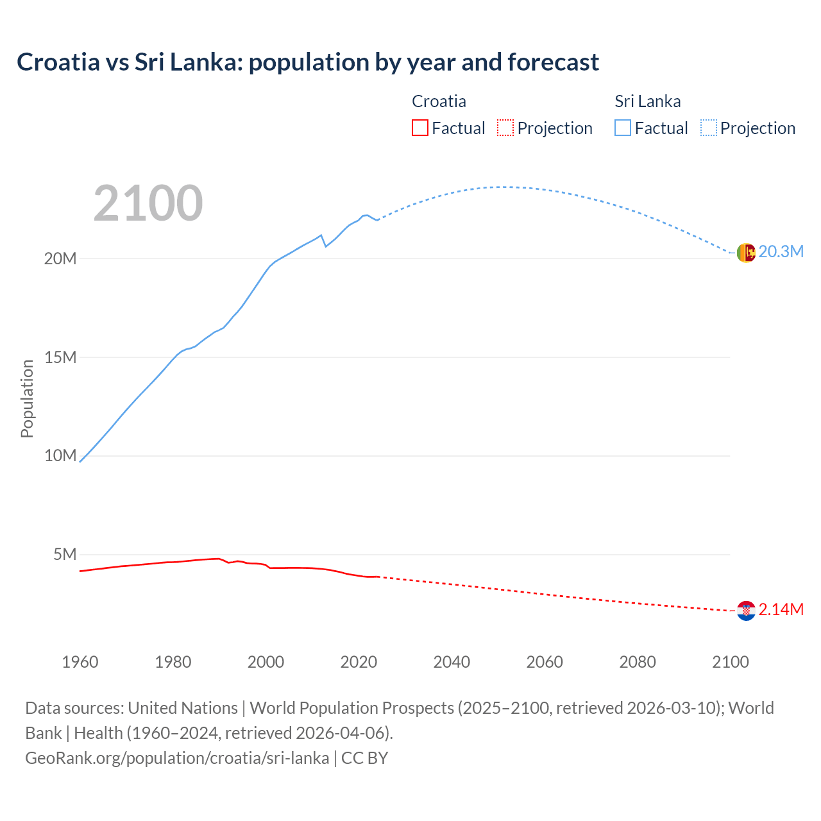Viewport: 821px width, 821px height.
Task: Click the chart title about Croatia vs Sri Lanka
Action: (x=308, y=62)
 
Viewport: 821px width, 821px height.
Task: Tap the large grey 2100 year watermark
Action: (x=148, y=203)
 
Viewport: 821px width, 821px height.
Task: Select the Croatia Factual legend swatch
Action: (x=419, y=128)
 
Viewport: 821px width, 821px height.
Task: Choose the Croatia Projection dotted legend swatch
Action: (x=505, y=128)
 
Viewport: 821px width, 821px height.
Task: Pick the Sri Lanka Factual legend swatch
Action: (x=622, y=128)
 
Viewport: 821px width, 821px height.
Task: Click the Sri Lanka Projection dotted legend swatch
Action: (x=709, y=128)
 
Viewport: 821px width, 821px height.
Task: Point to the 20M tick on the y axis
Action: (x=60, y=258)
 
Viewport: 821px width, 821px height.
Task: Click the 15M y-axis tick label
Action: (x=60, y=357)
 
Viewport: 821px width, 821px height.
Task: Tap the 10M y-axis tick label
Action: (x=60, y=455)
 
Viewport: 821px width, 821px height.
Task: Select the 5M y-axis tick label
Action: (x=65, y=554)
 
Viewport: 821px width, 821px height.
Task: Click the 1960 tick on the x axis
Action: (x=80, y=662)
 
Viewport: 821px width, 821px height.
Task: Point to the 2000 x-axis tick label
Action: (x=266, y=662)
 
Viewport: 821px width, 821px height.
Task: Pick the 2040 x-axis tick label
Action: (x=452, y=662)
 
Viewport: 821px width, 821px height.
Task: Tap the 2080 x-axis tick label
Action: (x=638, y=662)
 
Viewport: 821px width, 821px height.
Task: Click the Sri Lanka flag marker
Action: (x=746, y=253)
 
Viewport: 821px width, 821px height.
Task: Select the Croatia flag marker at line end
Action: (x=746, y=611)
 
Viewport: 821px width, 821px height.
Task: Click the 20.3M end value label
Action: (x=781, y=251)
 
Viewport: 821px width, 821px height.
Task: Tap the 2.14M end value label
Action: (x=781, y=609)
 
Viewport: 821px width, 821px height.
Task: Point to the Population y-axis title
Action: (x=27, y=398)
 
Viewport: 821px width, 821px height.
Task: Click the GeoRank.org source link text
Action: (x=177, y=758)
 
